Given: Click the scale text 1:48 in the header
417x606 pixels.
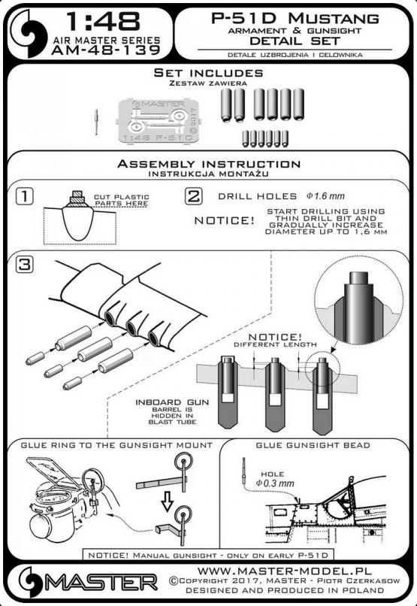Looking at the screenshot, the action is pyautogui.click(x=103, y=21).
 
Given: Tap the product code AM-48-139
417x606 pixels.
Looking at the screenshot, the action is pyautogui.click(x=106, y=50).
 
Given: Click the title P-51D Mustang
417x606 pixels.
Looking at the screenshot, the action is pyautogui.click(x=295, y=19).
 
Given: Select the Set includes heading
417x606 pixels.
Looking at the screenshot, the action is pyautogui.click(x=208, y=73).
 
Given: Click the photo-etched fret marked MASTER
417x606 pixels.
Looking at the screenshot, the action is pyautogui.click(x=159, y=121).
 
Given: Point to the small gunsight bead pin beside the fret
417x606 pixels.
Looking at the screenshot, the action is pyautogui.click(x=96, y=122).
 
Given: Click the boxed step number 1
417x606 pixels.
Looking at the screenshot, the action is pyautogui.click(x=24, y=197).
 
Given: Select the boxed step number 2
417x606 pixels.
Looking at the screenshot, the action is pyautogui.click(x=193, y=196).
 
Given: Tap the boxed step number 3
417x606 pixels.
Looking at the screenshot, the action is pyautogui.click(x=24, y=265).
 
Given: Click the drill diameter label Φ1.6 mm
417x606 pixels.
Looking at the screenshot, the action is pyautogui.click(x=325, y=196).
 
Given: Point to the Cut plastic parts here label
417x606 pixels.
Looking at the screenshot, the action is pyautogui.click(x=121, y=200).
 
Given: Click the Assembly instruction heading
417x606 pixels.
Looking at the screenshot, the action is pyautogui.click(x=209, y=164).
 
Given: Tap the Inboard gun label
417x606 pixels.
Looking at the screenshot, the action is pyautogui.click(x=172, y=402).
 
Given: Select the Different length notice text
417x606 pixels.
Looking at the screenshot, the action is pyautogui.click(x=275, y=344).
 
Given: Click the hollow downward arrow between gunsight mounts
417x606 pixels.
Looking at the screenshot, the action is pyautogui.click(x=168, y=501).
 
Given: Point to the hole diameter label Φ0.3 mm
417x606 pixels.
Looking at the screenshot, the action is pyautogui.click(x=274, y=483).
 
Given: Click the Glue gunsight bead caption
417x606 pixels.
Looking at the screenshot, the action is pyautogui.click(x=313, y=445).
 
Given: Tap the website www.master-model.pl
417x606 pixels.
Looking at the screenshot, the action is pyautogui.click(x=285, y=571).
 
